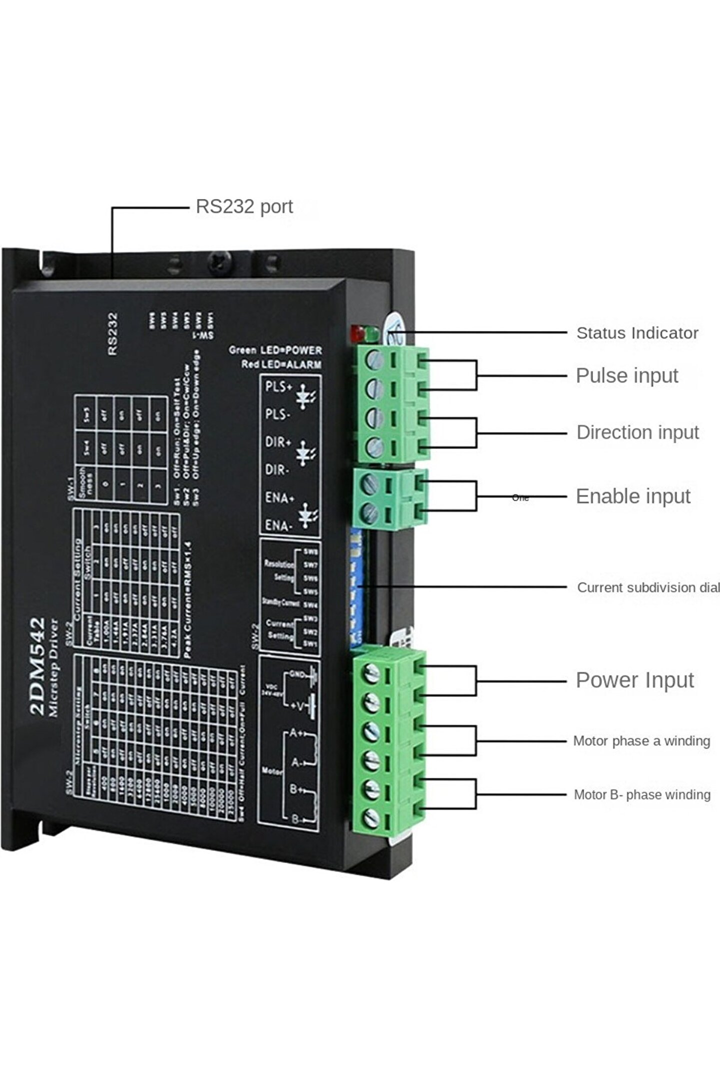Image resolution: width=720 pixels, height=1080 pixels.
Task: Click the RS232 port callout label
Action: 244,206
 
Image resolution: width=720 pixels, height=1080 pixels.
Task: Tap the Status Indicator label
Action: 637,333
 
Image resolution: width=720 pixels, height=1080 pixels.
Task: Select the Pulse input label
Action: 626,375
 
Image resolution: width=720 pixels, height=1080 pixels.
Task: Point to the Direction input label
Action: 637,432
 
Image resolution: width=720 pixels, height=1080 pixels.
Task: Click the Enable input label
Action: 633,496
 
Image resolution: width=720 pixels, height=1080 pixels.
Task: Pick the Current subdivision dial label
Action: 648,587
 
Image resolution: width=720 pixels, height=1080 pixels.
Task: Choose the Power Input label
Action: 634,680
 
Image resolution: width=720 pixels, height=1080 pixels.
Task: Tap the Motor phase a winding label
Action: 641,741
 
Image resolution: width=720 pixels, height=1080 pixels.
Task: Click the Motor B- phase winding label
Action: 642,795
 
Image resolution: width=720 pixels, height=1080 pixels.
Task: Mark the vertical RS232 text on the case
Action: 113,334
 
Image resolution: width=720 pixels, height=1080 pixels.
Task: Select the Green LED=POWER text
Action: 275,350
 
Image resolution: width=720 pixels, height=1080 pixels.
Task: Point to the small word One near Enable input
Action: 520,498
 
